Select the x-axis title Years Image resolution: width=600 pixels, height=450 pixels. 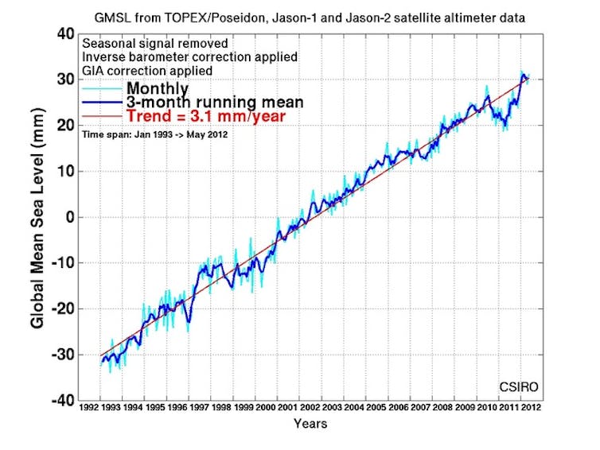[x=310, y=423]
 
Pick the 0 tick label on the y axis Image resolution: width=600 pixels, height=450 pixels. [x=68, y=217]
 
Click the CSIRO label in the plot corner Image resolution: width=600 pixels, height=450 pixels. [x=518, y=387]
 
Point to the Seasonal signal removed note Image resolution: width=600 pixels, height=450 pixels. [x=154, y=44]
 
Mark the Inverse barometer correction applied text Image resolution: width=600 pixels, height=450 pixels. [x=189, y=57]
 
